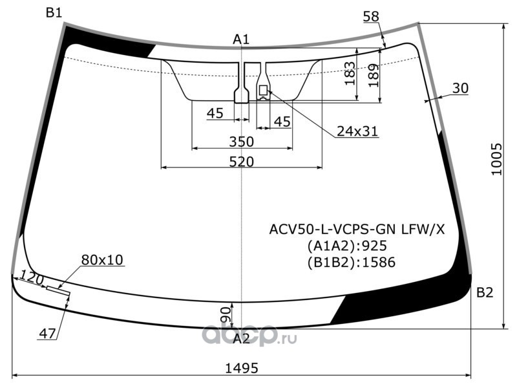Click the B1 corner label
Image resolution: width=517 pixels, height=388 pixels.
pos(54,12)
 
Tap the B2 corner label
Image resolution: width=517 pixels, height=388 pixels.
pos(485,292)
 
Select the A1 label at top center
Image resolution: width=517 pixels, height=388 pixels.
pos(241,39)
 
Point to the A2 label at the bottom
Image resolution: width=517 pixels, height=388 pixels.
pos(241,338)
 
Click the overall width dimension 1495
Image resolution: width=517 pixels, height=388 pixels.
pos(241,368)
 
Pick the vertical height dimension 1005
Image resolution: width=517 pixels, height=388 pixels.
pos(496,159)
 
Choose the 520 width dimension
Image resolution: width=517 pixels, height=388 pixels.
pos(242,162)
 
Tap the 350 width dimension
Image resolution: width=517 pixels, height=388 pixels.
pos(242,142)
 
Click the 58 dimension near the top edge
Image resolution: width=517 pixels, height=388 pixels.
pos(371,16)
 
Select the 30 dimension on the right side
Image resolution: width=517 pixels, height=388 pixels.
pos(460,88)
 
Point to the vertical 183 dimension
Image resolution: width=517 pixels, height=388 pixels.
pos(350,73)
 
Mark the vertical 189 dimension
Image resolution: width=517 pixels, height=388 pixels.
pos(374,75)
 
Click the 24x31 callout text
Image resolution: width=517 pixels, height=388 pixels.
pos(357,131)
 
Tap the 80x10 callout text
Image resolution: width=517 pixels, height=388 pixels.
pos(102,260)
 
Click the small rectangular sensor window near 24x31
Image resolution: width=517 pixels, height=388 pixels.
pos(264,90)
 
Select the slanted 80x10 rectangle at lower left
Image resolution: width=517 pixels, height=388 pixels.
pos(58,290)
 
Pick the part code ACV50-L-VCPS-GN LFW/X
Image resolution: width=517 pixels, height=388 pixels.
pos(357,229)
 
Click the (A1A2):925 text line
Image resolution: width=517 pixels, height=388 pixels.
pos(347,246)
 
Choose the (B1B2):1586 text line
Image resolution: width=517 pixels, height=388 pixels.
pos(351,263)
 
